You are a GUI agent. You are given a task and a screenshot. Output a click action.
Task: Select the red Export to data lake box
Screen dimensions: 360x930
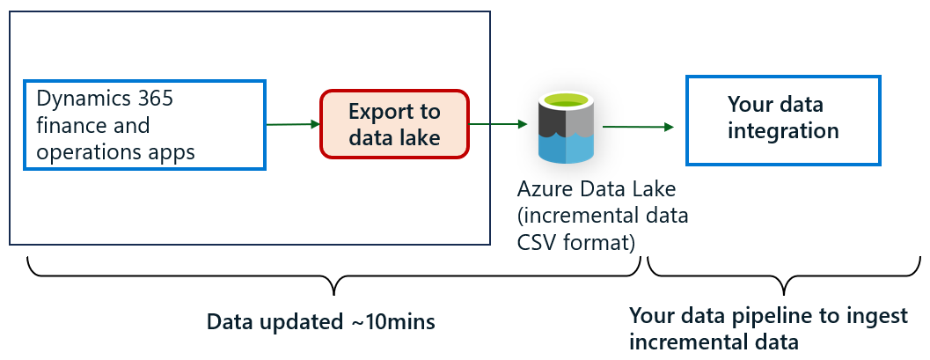click(x=393, y=124)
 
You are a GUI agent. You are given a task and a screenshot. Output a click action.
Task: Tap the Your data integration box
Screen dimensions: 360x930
click(x=782, y=120)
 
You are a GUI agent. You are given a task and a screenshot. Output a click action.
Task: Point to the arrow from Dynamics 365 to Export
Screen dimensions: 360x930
click(x=292, y=124)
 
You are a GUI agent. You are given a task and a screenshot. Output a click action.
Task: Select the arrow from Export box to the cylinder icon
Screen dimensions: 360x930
click(x=500, y=124)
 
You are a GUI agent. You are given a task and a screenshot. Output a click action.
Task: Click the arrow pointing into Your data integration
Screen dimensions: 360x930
click(x=638, y=127)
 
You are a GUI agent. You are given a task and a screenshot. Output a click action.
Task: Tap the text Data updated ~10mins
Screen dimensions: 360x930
click(x=321, y=322)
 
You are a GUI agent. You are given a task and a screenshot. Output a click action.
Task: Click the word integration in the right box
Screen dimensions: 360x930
click(x=782, y=131)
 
